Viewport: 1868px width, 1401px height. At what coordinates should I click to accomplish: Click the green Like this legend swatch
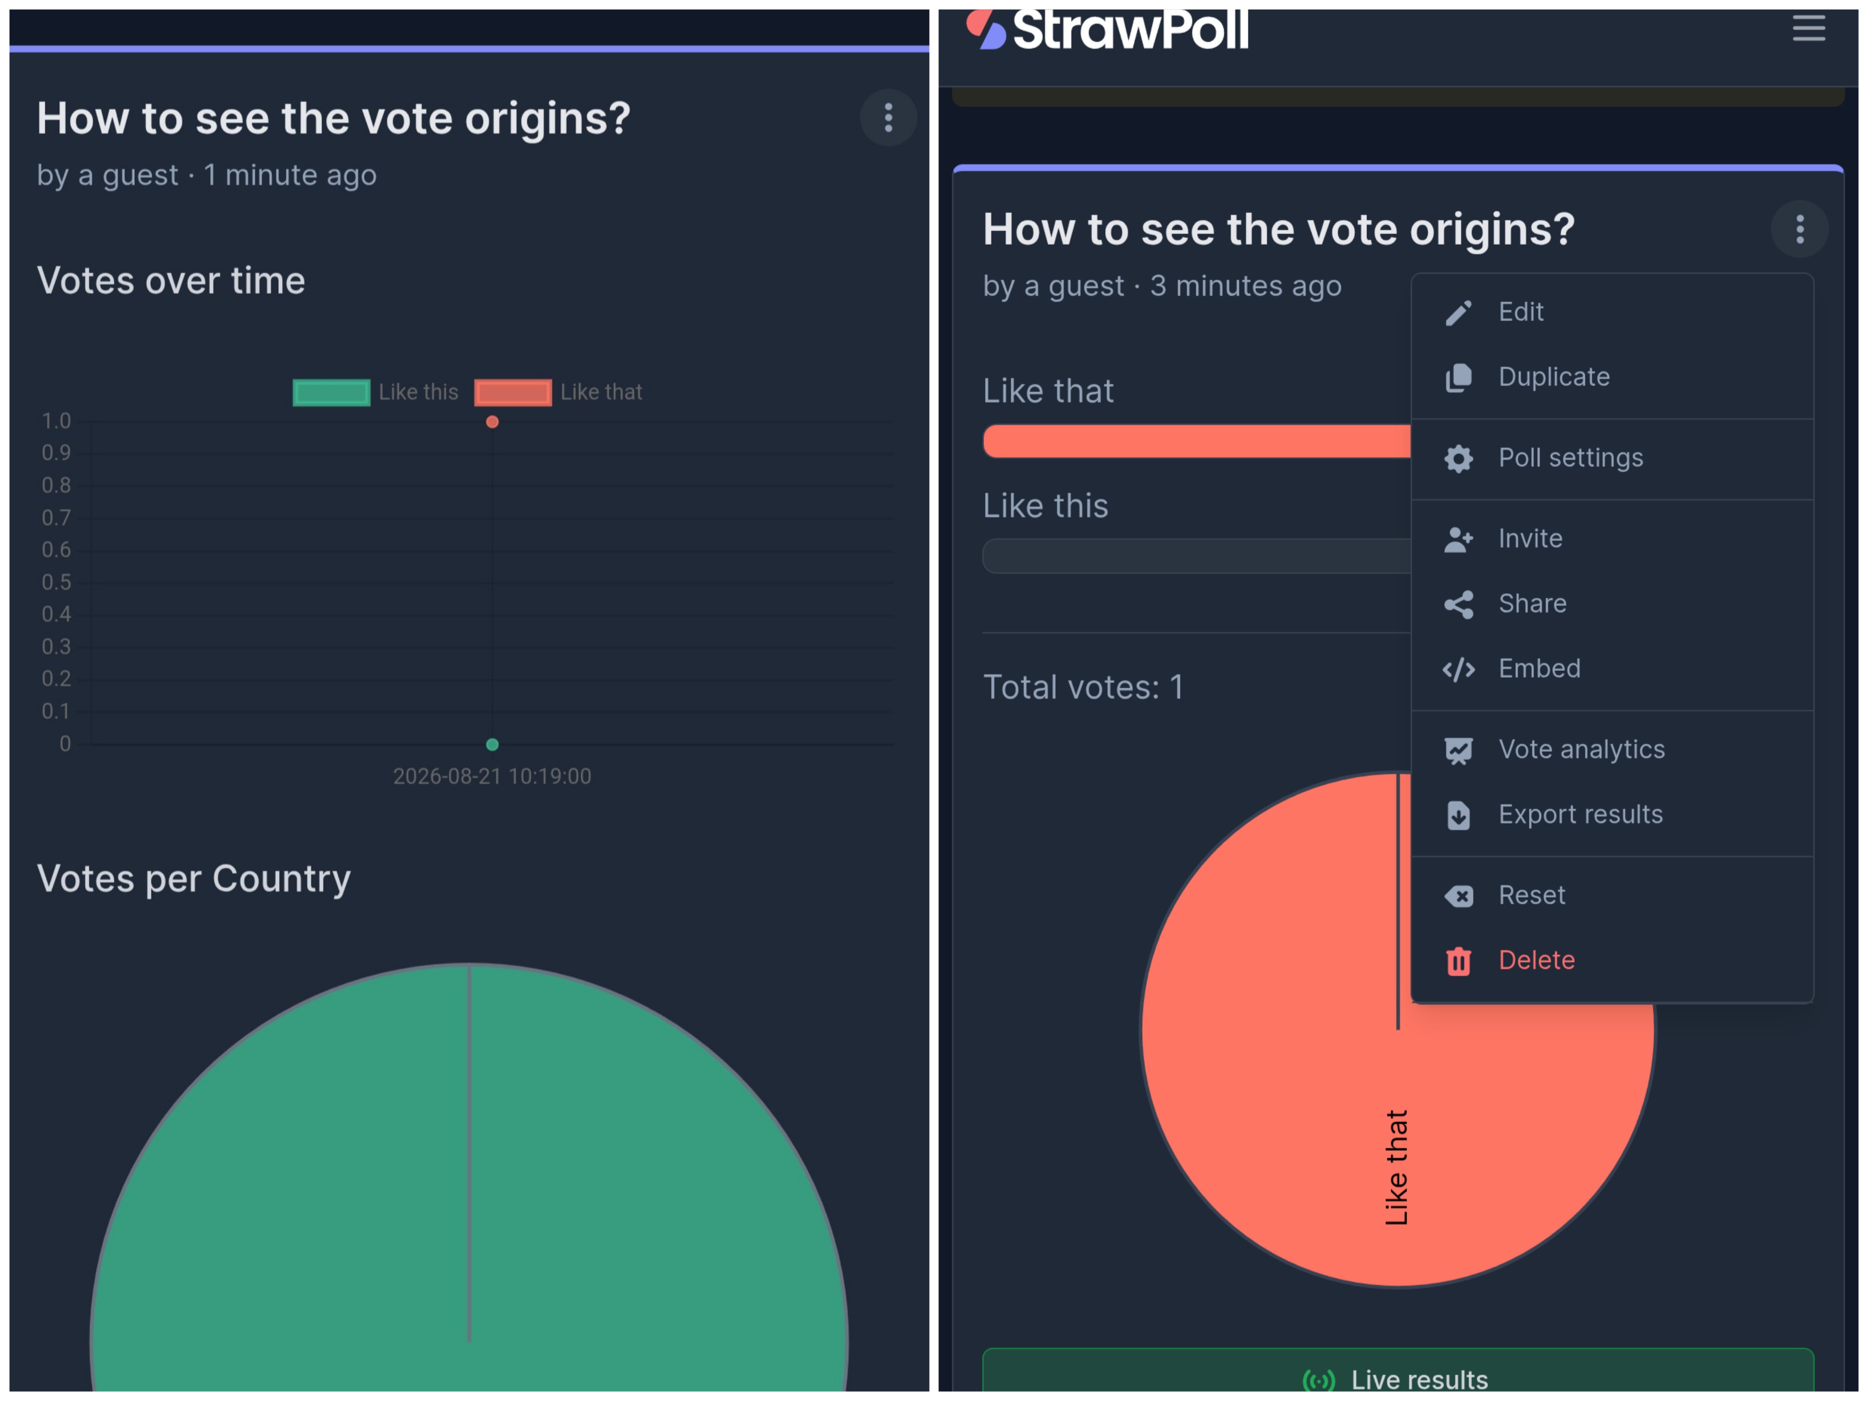331,393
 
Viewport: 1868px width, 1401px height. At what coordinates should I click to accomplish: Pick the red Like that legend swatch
513,393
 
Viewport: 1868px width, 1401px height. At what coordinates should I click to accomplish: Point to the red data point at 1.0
492,421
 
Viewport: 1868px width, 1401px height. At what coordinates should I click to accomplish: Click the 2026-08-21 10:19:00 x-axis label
492,776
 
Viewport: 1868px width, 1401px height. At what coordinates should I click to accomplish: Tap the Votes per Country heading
194,879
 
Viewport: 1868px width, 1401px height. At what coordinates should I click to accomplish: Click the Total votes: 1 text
1083,687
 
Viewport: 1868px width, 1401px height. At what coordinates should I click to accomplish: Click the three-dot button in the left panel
888,117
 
